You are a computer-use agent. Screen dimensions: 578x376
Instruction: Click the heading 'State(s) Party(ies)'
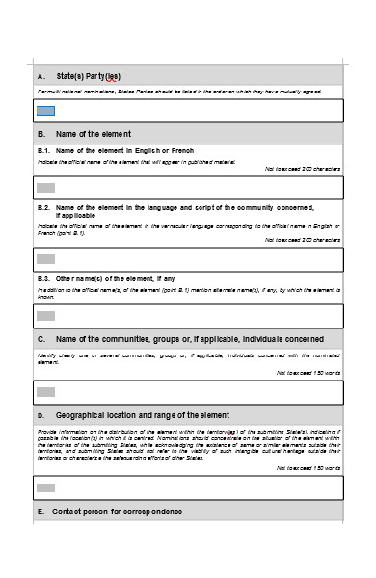[89, 76]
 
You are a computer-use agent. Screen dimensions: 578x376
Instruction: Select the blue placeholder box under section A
[45, 111]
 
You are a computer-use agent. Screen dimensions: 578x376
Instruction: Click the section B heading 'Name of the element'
[94, 134]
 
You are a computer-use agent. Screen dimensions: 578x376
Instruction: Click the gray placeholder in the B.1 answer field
[45, 187]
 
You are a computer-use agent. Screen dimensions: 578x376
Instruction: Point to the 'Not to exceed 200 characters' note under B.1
[303, 169]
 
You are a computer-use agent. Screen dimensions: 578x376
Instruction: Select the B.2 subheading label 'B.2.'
[43, 207]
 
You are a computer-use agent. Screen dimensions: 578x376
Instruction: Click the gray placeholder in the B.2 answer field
[45, 258]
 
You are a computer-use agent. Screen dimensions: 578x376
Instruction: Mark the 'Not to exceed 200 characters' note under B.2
[303, 240]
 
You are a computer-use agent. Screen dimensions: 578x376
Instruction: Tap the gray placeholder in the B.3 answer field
[45, 315]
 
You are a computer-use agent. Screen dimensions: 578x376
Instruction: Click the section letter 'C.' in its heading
[41, 339]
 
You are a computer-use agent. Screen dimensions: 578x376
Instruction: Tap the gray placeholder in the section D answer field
[45, 486]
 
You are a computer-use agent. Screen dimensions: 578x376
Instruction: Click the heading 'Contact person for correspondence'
[117, 511]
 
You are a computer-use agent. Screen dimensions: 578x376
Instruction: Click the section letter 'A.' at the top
[41, 76]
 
